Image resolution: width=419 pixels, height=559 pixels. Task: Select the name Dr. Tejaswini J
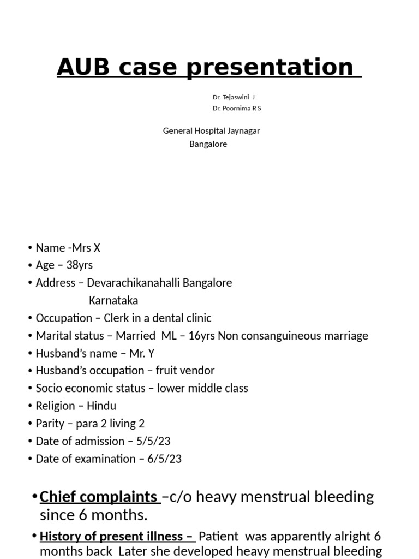tap(234, 97)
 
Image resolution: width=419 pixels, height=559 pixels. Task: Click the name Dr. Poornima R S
tap(237, 108)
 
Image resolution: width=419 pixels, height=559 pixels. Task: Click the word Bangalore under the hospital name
tap(208, 144)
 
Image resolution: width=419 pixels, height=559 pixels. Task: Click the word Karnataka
tap(113, 300)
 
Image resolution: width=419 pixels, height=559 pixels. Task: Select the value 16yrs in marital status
tap(201, 336)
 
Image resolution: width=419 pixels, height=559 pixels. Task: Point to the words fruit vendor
tap(185, 371)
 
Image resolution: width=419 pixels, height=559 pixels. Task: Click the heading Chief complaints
tap(98, 497)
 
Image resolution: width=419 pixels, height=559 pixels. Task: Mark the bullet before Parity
tap(31, 424)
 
